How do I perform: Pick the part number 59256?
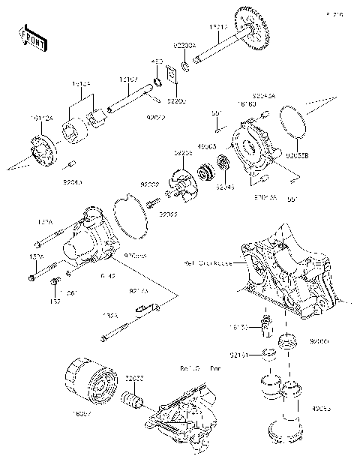coord(184,152)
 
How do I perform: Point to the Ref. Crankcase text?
coord(208,263)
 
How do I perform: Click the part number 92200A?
coord(184,45)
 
